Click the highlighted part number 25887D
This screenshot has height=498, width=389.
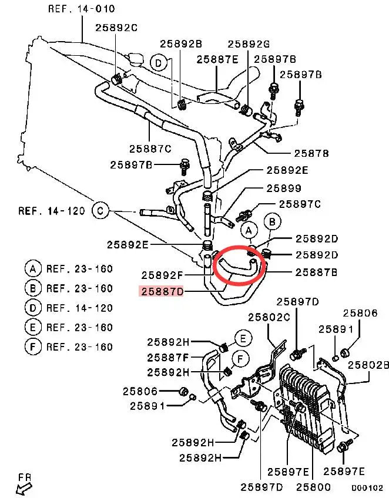[x=162, y=291]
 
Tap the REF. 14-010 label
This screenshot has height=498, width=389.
[x=81, y=8]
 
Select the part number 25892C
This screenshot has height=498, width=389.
[x=116, y=28]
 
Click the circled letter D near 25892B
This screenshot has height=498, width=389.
[x=158, y=63]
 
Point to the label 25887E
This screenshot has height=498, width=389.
[x=217, y=59]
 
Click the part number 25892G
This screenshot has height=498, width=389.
[x=249, y=43]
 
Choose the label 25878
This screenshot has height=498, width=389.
[x=311, y=153]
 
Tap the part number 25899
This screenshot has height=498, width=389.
[x=284, y=188]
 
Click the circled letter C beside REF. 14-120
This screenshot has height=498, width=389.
[x=100, y=211]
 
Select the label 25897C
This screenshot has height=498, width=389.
[x=300, y=204]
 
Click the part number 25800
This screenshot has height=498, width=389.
[x=313, y=487]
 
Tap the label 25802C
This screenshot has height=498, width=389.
[x=269, y=317]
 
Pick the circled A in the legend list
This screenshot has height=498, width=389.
[x=33, y=269]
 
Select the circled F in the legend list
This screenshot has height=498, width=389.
[x=33, y=346]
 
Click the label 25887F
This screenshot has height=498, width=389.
[x=168, y=358]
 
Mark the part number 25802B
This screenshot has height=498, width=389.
[x=368, y=365]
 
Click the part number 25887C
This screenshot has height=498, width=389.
[x=150, y=149]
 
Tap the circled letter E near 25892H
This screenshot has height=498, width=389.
[x=243, y=339]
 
